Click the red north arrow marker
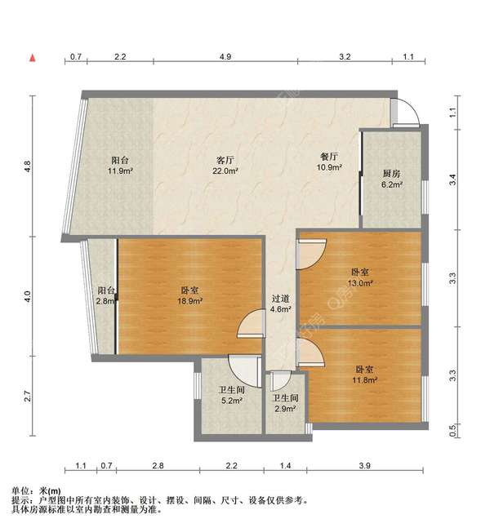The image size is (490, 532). [x=33, y=58]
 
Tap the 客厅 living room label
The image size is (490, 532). [x=225, y=159]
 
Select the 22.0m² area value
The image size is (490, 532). [x=225, y=171]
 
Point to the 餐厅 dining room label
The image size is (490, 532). [x=329, y=157]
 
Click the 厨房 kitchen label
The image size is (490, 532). [x=391, y=174]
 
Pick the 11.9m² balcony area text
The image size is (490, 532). [x=120, y=171]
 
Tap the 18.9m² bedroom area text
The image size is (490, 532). [x=190, y=300]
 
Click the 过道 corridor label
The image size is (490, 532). [x=280, y=299]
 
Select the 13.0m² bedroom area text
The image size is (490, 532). [x=360, y=282]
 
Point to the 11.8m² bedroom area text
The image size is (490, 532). [x=365, y=380]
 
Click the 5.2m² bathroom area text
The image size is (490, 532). [x=232, y=401]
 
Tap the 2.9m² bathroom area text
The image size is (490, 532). [x=285, y=409]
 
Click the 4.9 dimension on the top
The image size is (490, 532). [x=225, y=56]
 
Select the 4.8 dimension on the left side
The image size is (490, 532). [x=28, y=166]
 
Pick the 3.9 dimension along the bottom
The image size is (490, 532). [x=365, y=465]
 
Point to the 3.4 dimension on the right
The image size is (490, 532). [x=452, y=180]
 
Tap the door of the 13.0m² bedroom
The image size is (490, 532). [x=311, y=254]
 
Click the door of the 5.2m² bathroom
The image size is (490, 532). [x=244, y=370]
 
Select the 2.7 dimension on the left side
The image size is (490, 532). [x=28, y=396]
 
